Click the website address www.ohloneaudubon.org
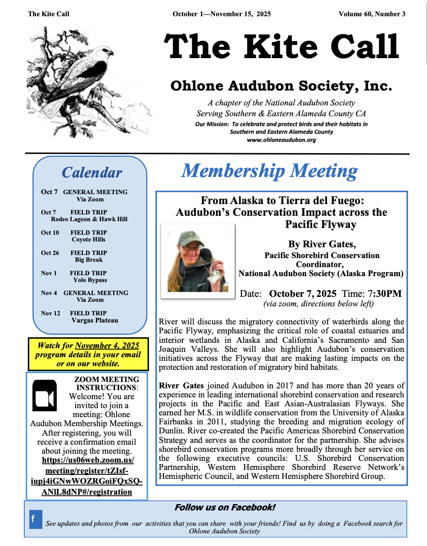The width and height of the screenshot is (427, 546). pos(281,140)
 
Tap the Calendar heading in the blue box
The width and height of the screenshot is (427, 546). pos(92,173)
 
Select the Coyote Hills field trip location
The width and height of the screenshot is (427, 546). pos(89,239)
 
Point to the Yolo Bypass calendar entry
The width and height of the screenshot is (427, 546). pos(90,280)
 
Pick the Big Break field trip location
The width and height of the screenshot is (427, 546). pos(89,259)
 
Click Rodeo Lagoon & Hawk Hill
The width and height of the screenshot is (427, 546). pos(89,219)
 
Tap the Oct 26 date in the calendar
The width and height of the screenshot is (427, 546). pos(50,253)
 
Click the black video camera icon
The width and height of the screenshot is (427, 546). pos(45,395)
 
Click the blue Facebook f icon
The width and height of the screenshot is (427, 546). pos(36,519)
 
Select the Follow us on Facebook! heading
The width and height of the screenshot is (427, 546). pos(225,508)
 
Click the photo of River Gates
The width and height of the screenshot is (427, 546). pos(198,261)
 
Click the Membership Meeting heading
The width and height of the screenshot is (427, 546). pos(269,171)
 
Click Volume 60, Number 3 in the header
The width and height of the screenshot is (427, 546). pos(372,14)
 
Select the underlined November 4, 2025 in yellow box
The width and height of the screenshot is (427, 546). pos(107,346)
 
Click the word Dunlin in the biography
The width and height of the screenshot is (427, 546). pos(171,430)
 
